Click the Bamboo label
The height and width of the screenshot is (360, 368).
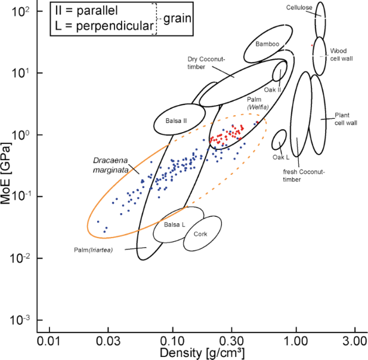tap(267, 44)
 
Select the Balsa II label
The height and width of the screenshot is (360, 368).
tap(177, 121)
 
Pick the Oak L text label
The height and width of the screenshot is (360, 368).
tap(281, 158)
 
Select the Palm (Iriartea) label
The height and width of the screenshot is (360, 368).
tap(94, 249)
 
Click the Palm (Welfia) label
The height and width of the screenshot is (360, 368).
tap(257, 103)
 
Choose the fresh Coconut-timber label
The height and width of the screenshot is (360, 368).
tap(304, 175)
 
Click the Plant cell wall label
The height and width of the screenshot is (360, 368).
tap(345, 119)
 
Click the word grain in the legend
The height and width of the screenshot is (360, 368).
tap(178, 18)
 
